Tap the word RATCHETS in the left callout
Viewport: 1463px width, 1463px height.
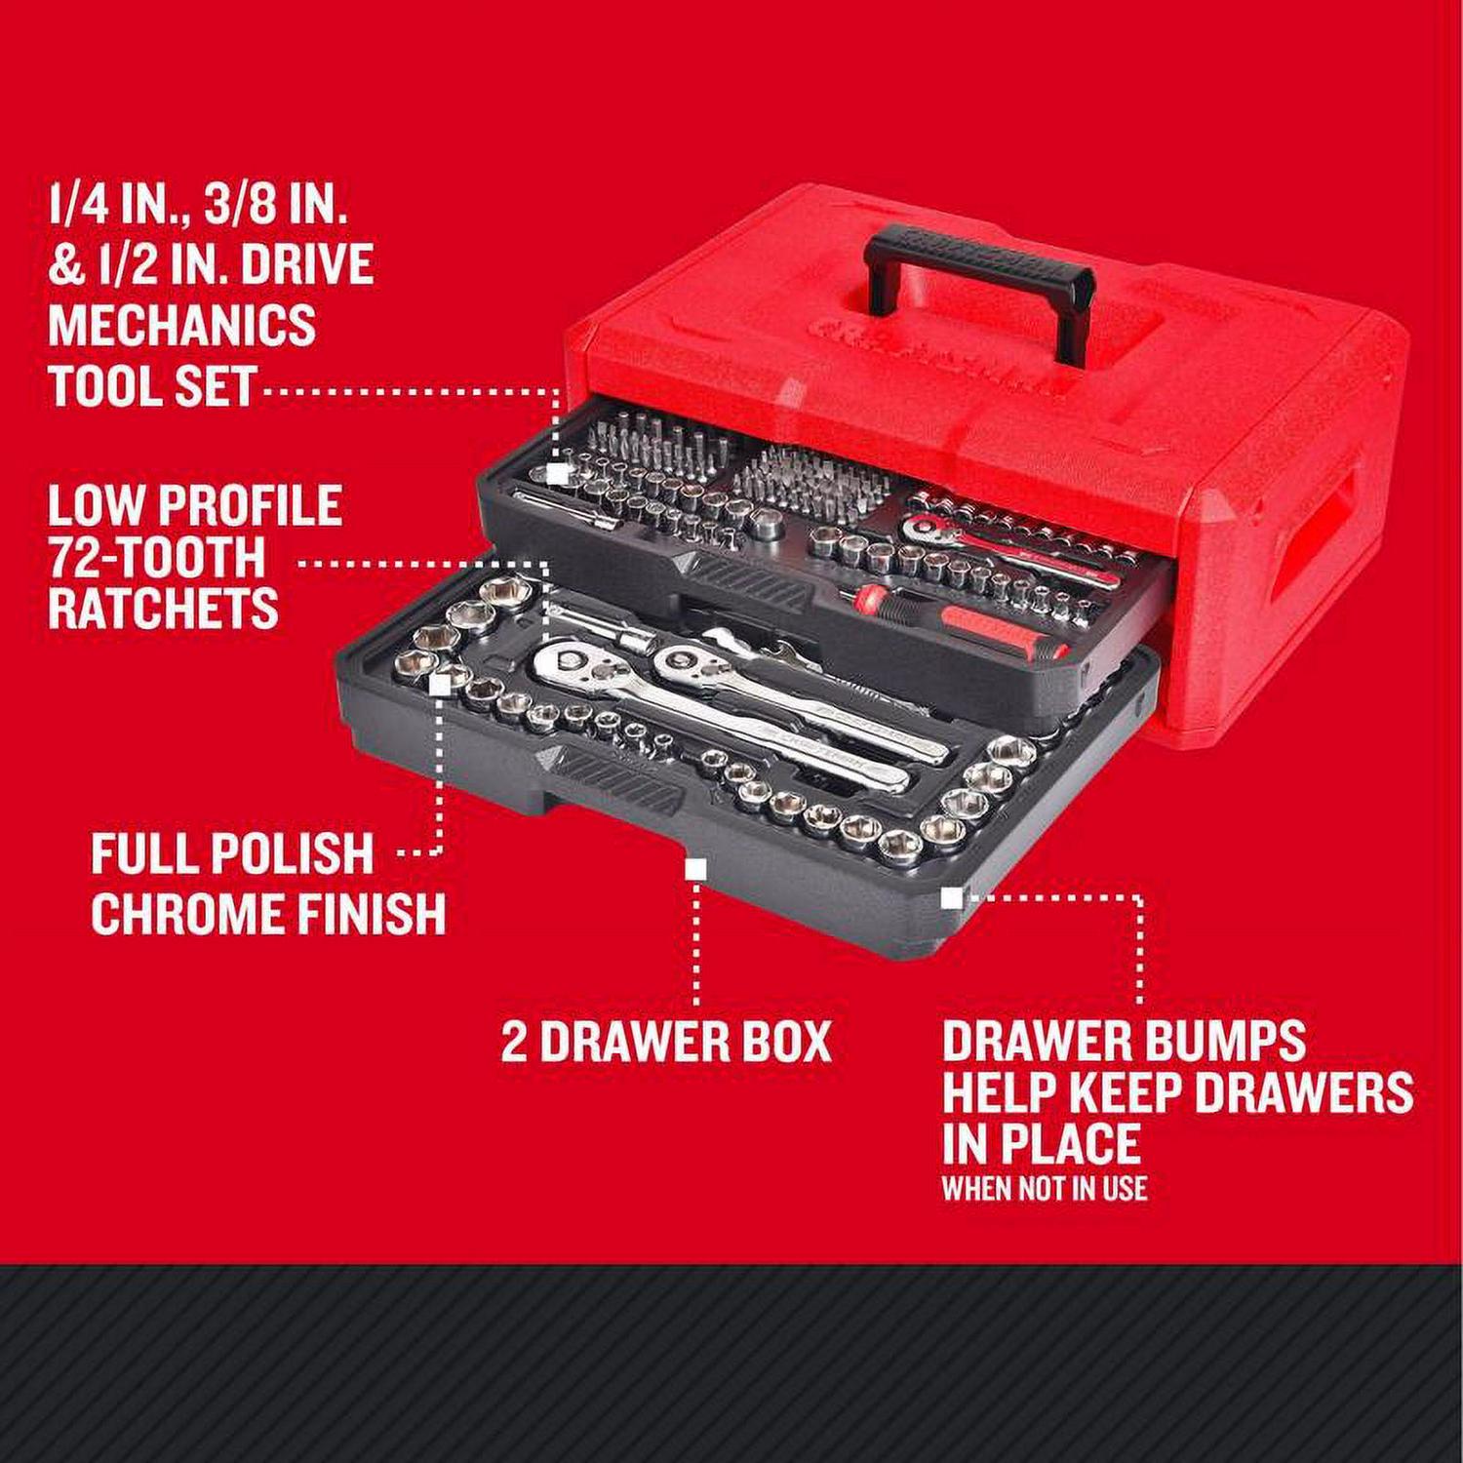(x=163, y=609)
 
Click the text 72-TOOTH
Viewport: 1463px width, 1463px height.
(x=157, y=557)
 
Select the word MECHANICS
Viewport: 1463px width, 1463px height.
(x=182, y=324)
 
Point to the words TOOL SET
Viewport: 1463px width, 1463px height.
(x=152, y=385)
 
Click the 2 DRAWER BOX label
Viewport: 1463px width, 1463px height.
(x=666, y=1042)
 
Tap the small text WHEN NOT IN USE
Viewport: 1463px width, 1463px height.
(x=1044, y=1188)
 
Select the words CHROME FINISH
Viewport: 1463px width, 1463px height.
(x=268, y=914)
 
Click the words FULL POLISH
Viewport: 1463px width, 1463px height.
(x=232, y=853)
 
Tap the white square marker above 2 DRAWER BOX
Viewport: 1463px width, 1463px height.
(x=695, y=869)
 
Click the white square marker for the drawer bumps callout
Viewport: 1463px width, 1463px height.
(x=951, y=897)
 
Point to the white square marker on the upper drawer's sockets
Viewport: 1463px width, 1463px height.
(x=557, y=473)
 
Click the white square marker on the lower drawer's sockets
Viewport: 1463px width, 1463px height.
(x=440, y=685)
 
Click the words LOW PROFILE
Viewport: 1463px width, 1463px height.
(x=194, y=505)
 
